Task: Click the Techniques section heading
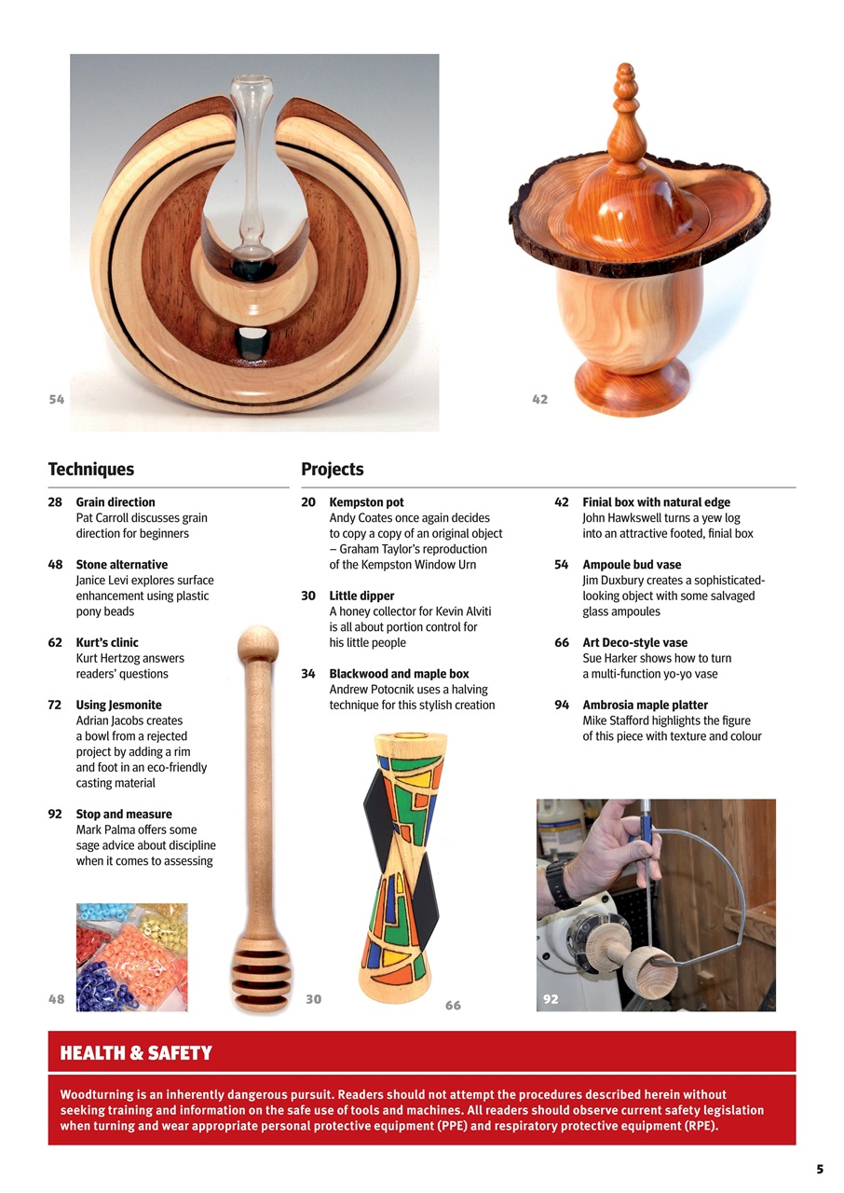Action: pyautogui.click(x=90, y=470)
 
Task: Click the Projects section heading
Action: pyautogui.click(x=332, y=470)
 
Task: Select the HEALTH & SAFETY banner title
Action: pyautogui.click(x=136, y=1053)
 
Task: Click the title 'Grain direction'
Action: pyautogui.click(x=116, y=502)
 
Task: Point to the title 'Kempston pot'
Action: pyautogui.click(x=366, y=502)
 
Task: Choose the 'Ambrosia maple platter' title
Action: pyautogui.click(x=645, y=706)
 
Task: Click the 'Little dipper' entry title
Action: pyautogui.click(x=361, y=596)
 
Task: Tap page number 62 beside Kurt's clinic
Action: pyautogui.click(x=55, y=643)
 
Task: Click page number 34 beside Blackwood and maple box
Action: pyautogui.click(x=308, y=674)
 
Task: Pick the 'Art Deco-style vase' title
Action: pyautogui.click(x=634, y=643)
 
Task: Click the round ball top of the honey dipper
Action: pyautogui.click(x=258, y=645)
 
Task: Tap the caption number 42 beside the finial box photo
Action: pyautogui.click(x=539, y=400)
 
